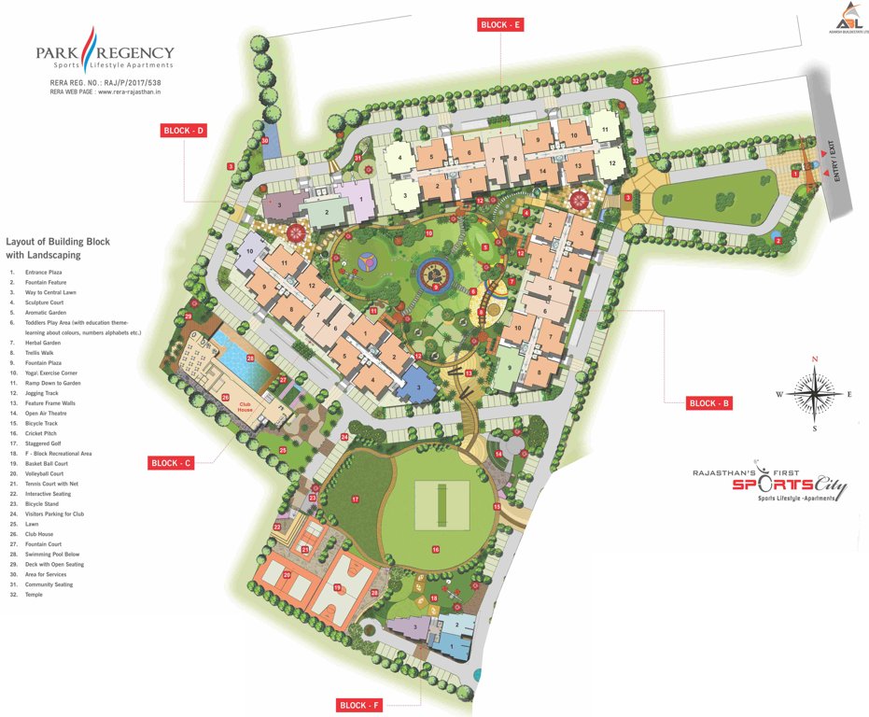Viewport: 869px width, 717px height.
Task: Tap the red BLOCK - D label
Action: click(184, 131)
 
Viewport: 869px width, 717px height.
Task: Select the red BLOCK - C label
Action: click(171, 462)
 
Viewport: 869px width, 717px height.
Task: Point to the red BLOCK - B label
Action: click(709, 403)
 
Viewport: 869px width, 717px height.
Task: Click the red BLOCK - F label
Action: click(360, 705)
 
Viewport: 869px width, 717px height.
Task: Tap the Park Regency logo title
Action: click(105, 54)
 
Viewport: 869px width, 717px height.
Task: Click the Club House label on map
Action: click(245, 407)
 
